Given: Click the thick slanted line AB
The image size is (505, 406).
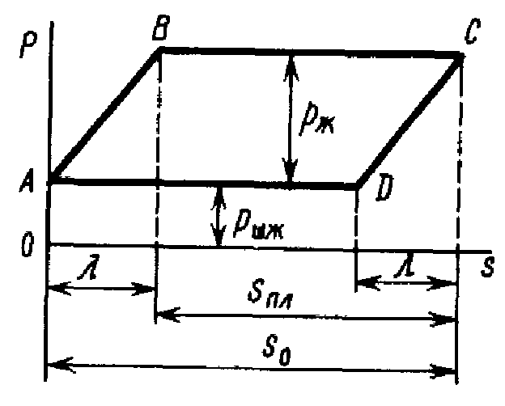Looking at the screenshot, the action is click(105, 114).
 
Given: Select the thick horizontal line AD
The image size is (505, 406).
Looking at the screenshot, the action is click(202, 184).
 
